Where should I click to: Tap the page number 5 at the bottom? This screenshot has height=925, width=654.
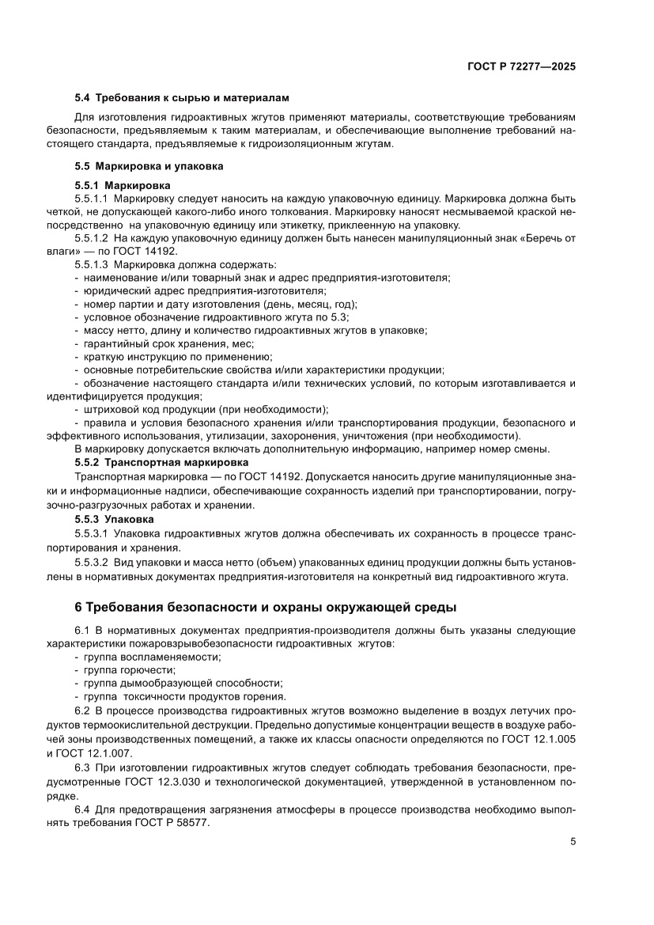(x=573, y=842)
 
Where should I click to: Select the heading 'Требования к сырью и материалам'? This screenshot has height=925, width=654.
(x=192, y=98)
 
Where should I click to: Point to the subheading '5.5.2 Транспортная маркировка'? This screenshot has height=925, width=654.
(x=161, y=461)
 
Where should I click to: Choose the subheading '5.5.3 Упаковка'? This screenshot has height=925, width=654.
(x=114, y=519)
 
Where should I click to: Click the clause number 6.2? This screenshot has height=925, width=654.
(x=83, y=711)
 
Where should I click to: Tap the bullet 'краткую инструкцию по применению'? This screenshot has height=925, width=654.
(x=174, y=356)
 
